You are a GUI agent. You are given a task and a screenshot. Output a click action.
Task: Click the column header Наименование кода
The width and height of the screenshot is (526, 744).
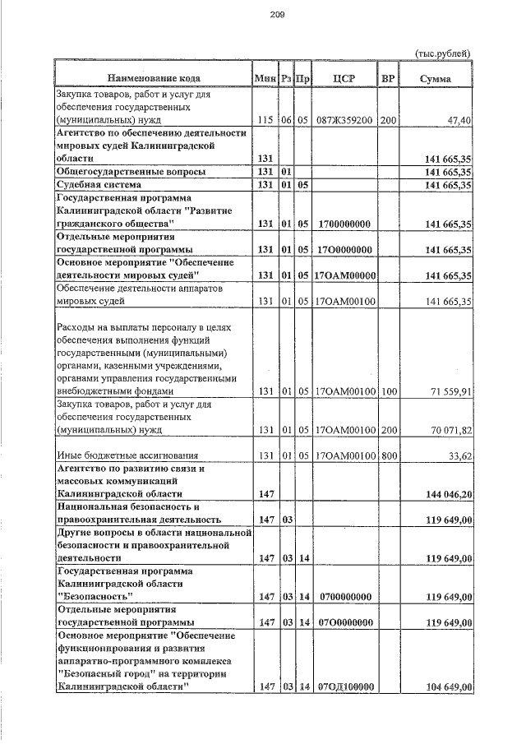[153, 79]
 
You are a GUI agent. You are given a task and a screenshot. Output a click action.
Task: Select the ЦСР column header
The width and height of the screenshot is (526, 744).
[344, 79]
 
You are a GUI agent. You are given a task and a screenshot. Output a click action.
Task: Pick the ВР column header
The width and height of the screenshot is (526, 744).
[388, 79]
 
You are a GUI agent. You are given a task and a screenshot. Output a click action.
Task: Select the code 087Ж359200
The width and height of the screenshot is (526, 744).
[344, 121]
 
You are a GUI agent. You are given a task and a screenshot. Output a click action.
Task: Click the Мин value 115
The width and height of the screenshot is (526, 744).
[265, 121]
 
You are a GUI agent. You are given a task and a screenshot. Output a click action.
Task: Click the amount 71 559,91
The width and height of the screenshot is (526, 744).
[446, 391]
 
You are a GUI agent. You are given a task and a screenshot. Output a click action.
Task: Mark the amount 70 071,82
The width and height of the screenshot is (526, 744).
[446, 430]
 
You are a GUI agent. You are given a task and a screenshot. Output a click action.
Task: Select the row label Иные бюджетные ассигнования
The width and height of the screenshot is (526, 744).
[123, 455]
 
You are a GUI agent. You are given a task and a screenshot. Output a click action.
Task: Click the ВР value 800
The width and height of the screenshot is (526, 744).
[388, 455]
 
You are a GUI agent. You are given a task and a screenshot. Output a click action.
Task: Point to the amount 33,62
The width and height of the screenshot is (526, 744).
[458, 455]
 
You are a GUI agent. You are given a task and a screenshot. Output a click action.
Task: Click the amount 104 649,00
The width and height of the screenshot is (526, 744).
[444, 687]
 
